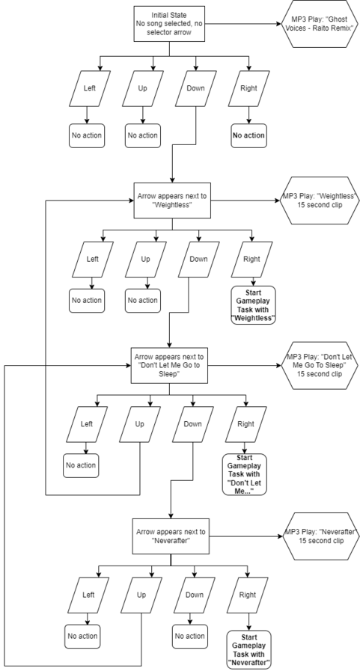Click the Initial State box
pyautogui.click(x=169, y=24)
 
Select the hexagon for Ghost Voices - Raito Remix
pyautogui.click(x=319, y=23)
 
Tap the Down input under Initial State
pyautogui.click(x=195, y=88)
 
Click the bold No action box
pyautogui.click(x=248, y=135)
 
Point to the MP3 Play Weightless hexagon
pyautogui.click(x=319, y=200)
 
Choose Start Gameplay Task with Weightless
pyautogui.click(x=254, y=305)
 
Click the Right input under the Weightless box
pyautogui.click(x=251, y=260)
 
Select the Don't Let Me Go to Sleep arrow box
pyautogui.click(x=169, y=365)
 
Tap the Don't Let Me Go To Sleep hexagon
pyautogui.click(x=319, y=366)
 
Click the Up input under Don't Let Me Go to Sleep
pyautogui.click(x=140, y=424)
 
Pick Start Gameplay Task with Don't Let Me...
pyautogui.click(x=245, y=474)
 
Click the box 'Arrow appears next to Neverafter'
pyautogui.click(x=171, y=536)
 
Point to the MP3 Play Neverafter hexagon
pyautogui.click(x=319, y=536)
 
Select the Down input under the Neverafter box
pyautogui.click(x=195, y=595)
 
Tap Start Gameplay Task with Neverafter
pyautogui.click(x=249, y=650)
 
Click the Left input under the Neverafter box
pyautogui.click(x=88, y=595)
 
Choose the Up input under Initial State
pyautogui.click(x=143, y=88)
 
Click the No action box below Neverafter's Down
pyautogui.click(x=189, y=637)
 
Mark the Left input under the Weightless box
pyautogui.click(x=93, y=260)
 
